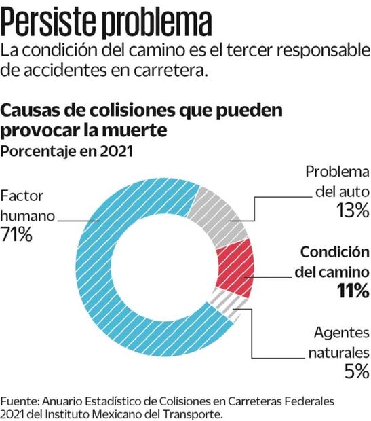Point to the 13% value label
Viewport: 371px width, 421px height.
(x=352, y=210)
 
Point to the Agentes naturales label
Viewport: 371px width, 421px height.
(x=338, y=343)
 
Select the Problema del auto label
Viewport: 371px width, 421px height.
(x=336, y=181)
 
